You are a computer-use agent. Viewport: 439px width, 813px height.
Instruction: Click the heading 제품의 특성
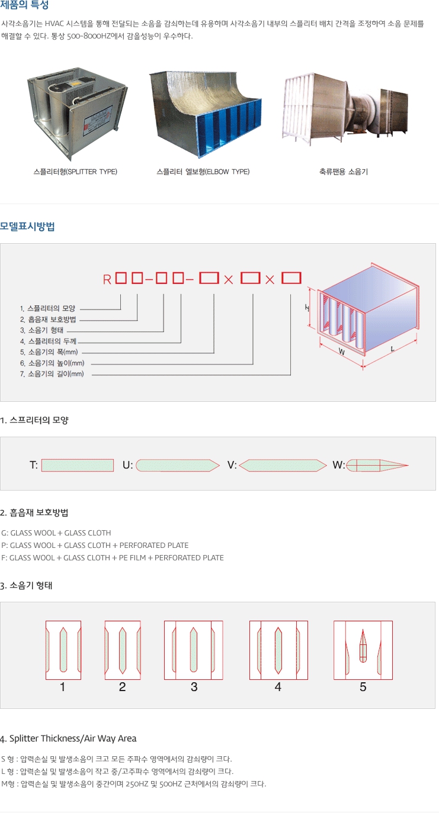tap(25, 6)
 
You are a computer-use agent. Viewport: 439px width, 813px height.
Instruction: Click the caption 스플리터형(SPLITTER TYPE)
tap(75, 172)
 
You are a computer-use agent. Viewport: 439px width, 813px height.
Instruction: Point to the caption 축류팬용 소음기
tap(344, 172)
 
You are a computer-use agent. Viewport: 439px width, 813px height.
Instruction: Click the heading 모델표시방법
tap(28, 226)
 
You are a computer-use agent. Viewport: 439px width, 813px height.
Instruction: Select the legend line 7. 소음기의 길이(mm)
tap(52, 374)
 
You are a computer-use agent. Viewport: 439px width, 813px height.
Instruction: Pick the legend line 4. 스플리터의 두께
tap(49, 341)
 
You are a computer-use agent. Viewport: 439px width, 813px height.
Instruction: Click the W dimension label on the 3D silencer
tap(342, 351)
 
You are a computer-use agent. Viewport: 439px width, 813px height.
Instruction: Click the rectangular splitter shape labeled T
tap(78, 465)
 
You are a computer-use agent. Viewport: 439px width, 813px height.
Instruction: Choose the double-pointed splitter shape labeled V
tap(283, 465)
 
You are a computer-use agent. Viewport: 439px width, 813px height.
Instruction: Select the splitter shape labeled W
tap(377, 465)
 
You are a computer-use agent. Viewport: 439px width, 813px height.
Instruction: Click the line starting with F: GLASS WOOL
tap(113, 557)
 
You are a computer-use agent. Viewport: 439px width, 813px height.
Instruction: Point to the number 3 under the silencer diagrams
tap(194, 687)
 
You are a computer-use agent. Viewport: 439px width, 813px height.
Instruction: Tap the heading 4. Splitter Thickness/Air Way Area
tap(68, 738)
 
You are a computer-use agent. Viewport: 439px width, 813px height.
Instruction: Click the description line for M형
tap(134, 783)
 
